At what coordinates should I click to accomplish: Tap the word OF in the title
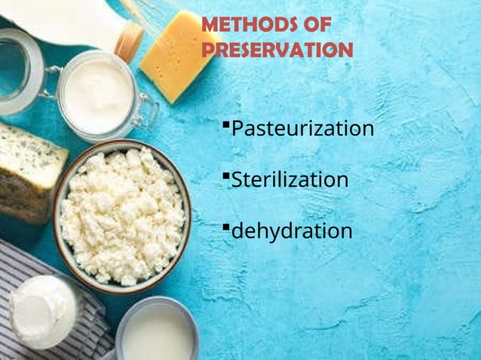[x=314, y=25]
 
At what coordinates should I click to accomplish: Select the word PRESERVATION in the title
[x=277, y=50]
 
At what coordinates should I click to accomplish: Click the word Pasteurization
[x=302, y=129]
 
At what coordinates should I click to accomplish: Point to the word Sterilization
[x=290, y=180]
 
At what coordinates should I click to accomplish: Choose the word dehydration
[x=292, y=231]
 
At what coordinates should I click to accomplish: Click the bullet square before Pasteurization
[x=225, y=123]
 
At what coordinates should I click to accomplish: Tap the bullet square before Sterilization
[x=225, y=175]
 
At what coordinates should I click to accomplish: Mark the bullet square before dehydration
[x=225, y=225]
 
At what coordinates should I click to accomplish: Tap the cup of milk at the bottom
[x=158, y=332]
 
